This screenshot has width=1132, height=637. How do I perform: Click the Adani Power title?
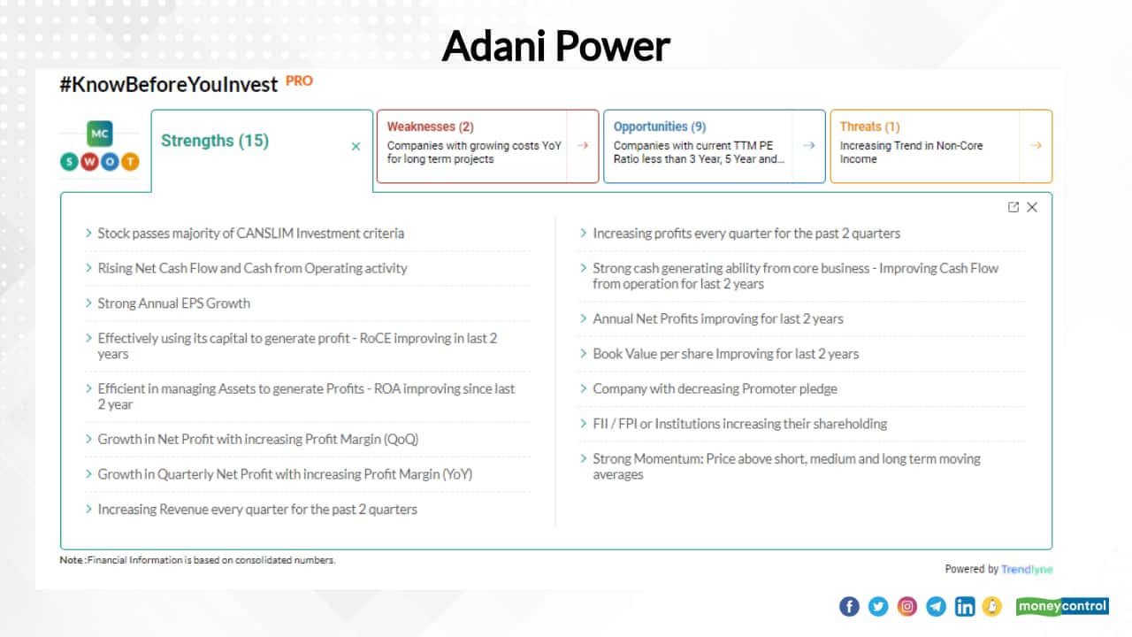555,45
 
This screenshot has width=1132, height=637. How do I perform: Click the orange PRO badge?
299,81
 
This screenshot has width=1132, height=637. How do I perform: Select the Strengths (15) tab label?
215,141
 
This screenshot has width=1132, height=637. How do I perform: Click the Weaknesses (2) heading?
430,127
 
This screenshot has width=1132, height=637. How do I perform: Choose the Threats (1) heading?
869,127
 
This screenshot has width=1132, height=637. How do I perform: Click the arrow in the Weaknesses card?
582,146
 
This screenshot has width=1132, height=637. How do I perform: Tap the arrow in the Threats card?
1036,146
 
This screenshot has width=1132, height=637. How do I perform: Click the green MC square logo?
99,134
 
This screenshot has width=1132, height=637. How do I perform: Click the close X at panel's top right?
1032,207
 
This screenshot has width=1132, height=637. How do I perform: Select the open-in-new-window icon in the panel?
1013,207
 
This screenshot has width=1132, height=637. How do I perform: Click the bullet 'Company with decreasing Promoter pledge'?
715,388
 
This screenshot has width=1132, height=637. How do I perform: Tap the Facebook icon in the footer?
849,606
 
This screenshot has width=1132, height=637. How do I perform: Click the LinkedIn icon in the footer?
965,606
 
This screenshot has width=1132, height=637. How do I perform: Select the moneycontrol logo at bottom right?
1062,606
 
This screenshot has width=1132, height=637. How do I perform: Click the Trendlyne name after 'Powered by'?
1027,569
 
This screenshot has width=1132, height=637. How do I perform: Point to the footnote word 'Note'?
71,560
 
